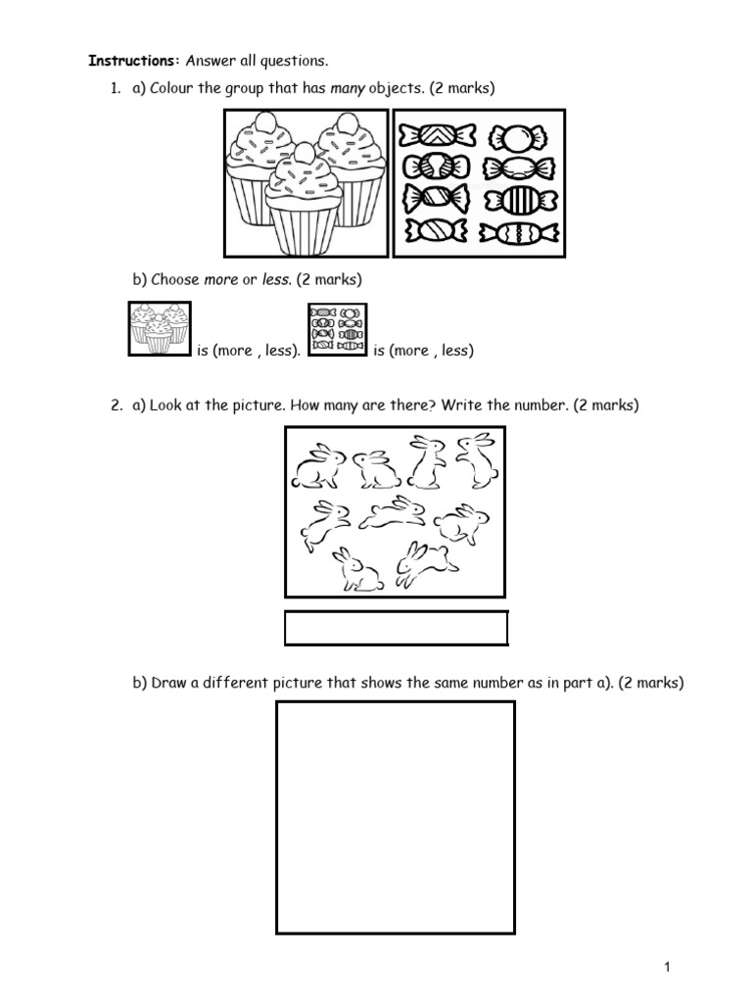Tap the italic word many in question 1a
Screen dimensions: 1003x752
click(347, 89)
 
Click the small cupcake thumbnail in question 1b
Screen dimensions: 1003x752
click(160, 328)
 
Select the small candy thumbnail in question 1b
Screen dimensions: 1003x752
click(337, 328)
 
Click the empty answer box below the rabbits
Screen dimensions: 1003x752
click(396, 628)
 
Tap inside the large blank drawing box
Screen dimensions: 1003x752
click(395, 817)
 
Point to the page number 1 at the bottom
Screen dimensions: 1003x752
click(667, 968)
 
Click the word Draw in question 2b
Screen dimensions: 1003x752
click(168, 684)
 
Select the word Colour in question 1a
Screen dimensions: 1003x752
click(172, 89)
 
